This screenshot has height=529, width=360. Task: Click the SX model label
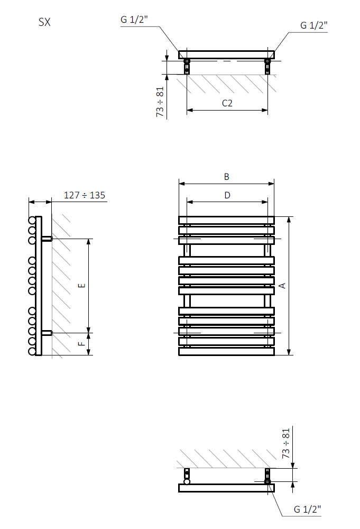[44, 22]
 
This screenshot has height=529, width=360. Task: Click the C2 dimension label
[227, 103]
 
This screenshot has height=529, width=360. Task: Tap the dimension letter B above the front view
[226, 177]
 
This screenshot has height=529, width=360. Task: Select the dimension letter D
[227, 195]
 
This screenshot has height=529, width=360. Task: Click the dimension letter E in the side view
[81, 286]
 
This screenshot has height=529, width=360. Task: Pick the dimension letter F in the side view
[81, 343]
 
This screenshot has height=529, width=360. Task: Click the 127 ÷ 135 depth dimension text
[85, 195]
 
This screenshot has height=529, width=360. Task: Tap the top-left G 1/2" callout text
[134, 20]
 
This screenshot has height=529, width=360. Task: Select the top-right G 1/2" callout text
[314, 25]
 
